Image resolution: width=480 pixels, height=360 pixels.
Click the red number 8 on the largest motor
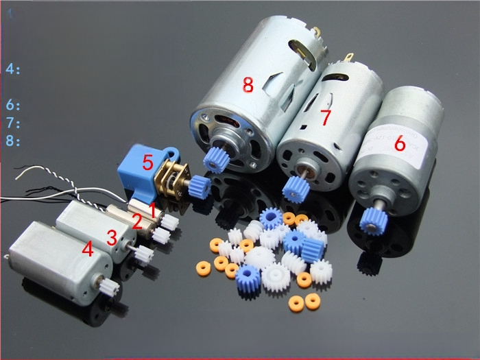click(248, 85)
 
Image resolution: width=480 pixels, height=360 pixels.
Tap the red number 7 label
click(326, 118)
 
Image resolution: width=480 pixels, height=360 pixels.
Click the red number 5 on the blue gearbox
click(147, 163)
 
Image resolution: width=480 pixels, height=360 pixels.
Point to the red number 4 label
click(88, 250)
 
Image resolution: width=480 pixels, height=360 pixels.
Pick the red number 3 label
click(112, 237)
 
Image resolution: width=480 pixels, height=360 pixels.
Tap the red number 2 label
click(136, 221)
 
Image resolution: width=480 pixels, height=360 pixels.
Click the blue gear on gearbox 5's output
click(200, 184)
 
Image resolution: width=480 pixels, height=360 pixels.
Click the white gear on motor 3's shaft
click(143, 254)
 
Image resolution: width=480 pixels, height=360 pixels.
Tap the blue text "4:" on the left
click(14, 69)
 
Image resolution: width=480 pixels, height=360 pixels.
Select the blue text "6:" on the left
click(14, 106)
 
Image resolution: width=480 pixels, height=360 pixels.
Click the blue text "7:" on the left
click(14, 123)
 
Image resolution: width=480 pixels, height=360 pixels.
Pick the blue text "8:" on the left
click(14, 141)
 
